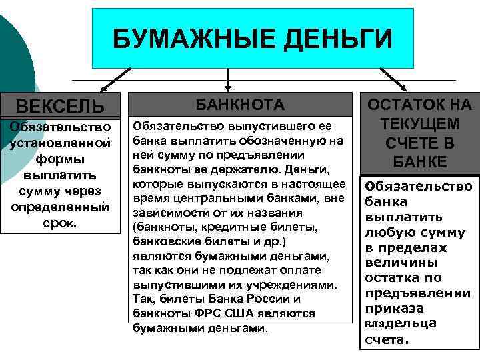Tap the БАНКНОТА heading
(239, 105)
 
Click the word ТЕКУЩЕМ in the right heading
(419, 124)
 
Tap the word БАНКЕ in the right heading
(419, 162)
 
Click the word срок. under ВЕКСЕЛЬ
(60, 223)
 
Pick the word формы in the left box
(60, 159)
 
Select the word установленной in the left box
(60, 143)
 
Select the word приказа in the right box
(390, 309)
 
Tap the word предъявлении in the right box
(417, 293)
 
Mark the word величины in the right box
(396, 263)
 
